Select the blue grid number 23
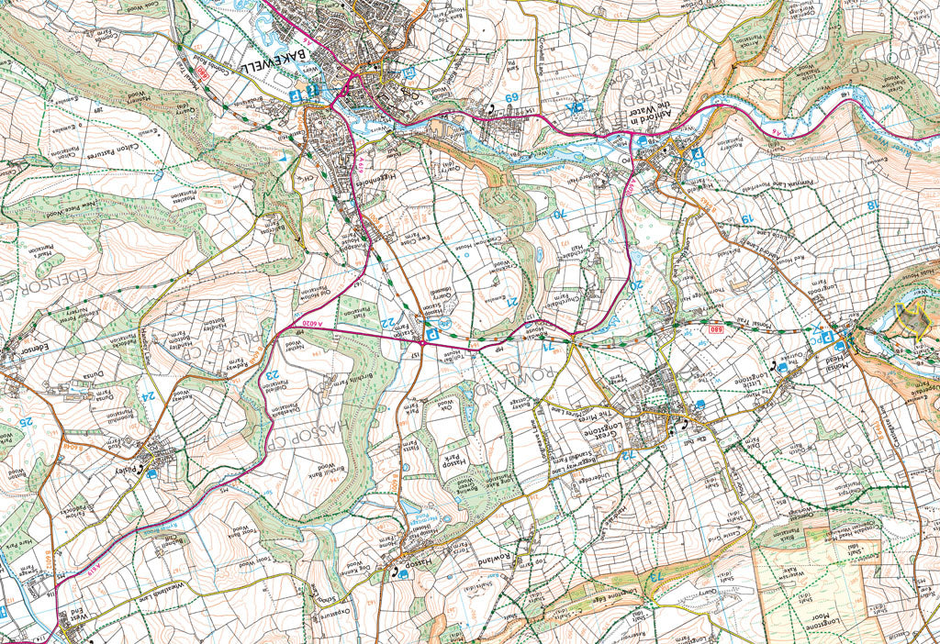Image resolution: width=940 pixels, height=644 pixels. coord(272,374)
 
